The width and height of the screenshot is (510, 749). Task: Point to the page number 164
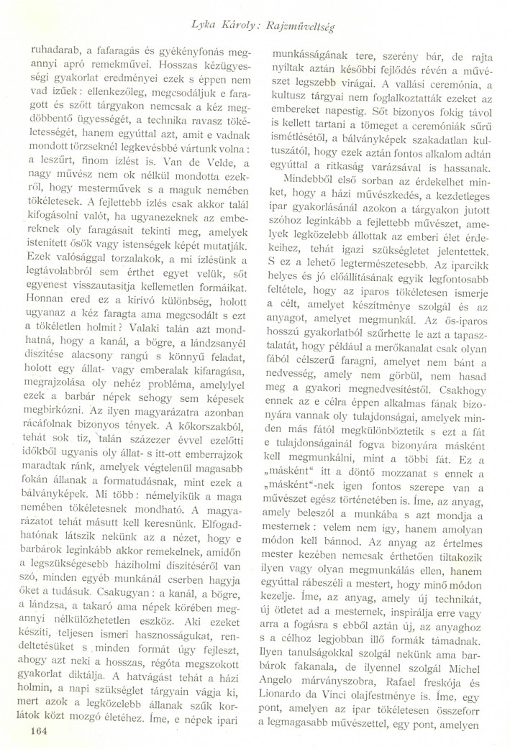click(x=35, y=733)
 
